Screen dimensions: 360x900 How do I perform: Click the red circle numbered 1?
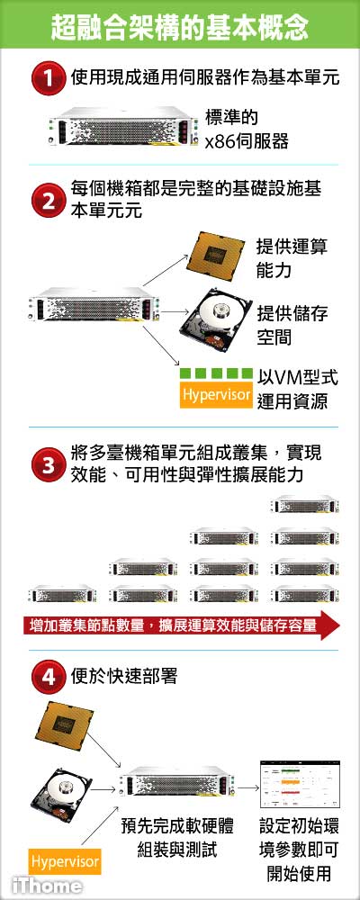coord(49,78)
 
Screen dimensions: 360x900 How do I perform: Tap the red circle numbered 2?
coord(49,201)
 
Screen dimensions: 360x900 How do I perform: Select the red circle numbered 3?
coord(49,464)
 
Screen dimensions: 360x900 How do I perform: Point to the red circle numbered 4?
coord(49,677)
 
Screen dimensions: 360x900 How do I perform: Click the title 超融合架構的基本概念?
coord(180,26)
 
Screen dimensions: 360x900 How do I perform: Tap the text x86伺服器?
coord(247,141)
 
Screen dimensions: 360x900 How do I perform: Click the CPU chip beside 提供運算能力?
coord(215,255)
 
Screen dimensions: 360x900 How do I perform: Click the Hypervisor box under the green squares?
coord(217,395)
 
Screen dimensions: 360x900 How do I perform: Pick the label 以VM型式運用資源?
coord(297,389)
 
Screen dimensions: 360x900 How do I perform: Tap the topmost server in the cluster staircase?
coord(305,505)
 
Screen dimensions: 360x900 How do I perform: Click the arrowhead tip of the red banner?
coord(341,625)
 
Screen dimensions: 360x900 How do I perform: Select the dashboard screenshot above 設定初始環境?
coord(300,785)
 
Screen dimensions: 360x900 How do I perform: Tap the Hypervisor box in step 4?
coord(65,861)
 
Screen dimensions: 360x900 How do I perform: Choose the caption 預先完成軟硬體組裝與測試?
coord(177,838)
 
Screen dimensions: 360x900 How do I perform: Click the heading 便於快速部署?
coord(124,676)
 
